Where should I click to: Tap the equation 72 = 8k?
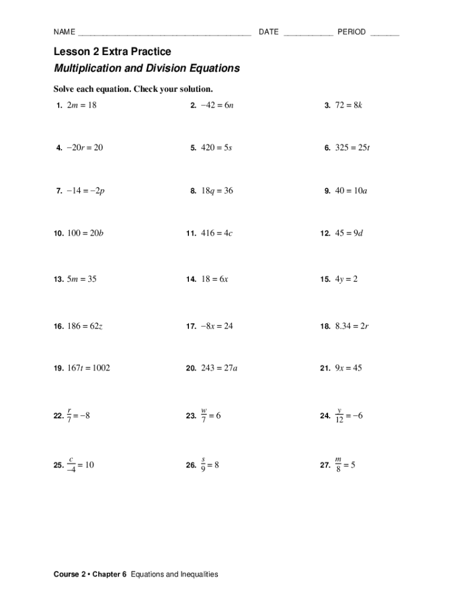(x=350, y=105)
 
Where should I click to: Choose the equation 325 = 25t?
(x=352, y=148)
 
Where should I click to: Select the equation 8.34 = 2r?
(x=352, y=325)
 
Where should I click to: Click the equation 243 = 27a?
(x=220, y=368)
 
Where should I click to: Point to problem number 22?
(x=59, y=417)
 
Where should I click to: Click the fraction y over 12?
(x=340, y=415)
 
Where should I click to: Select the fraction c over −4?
(x=71, y=465)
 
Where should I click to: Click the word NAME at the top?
(x=64, y=32)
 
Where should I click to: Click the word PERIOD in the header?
(x=351, y=32)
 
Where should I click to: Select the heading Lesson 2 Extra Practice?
(x=113, y=51)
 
